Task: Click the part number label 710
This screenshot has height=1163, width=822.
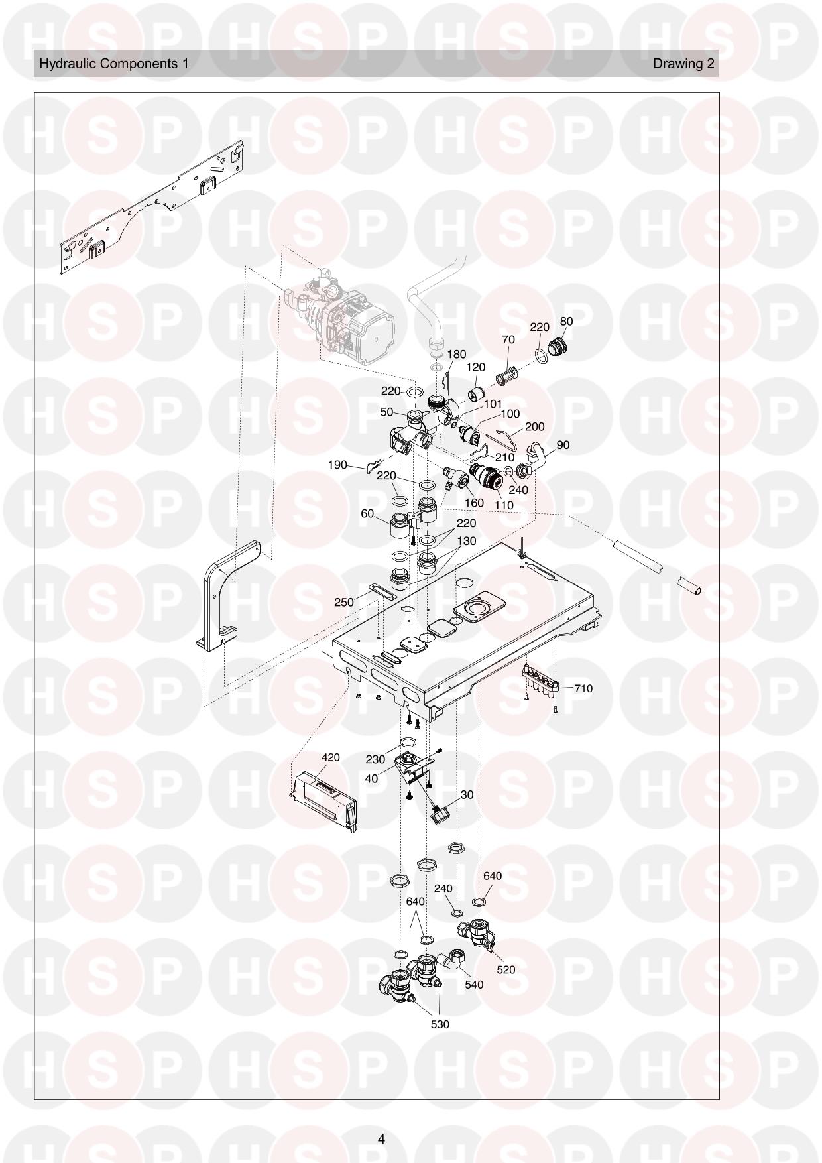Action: pos(583,688)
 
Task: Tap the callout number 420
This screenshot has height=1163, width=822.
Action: pos(331,757)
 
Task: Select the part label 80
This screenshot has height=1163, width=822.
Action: pos(566,321)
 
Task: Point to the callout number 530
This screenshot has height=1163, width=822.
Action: pos(440,1024)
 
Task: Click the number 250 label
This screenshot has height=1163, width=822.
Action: pos(344,603)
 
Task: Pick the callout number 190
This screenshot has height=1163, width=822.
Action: pos(337,465)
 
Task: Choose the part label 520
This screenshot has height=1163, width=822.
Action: pos(506,969)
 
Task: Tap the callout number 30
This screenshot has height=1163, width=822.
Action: pos(467,794)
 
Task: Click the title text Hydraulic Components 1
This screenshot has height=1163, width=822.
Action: pos(114,64)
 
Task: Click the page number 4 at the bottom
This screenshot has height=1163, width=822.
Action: pos(381,1139)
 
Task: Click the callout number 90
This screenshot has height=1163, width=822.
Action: pos(563,445)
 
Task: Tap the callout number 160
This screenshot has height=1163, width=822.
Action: pos(474,503)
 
